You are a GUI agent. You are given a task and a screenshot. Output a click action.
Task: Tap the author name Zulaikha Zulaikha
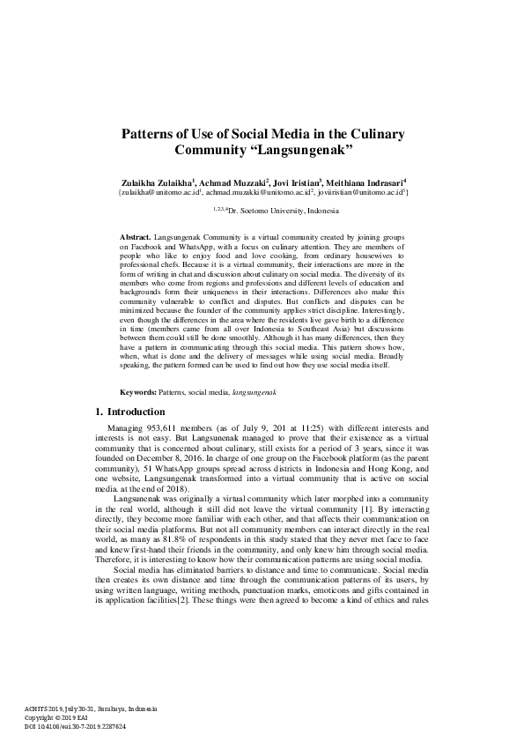[x=154, y=181]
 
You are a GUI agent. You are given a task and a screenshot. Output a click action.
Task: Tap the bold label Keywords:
[x=137, y=390]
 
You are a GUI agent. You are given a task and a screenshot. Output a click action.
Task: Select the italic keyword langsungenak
[x=252, y=390]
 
